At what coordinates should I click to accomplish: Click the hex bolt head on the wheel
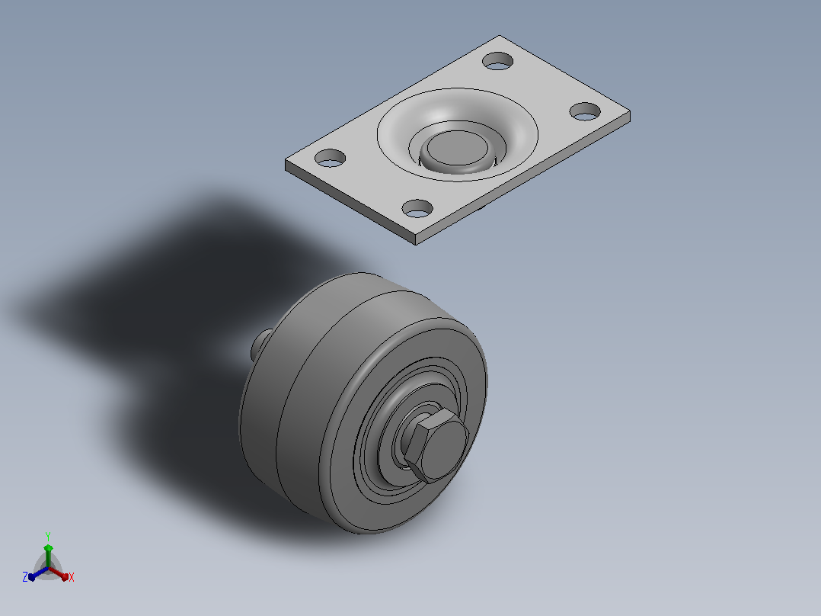[436, 445]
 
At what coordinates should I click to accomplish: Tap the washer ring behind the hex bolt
[397, 446]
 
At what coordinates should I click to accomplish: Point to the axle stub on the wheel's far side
[260, 345]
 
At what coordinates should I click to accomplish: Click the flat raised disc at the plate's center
[457, 148]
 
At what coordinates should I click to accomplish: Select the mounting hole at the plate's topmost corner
[497, 61]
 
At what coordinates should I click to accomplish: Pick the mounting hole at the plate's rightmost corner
[585, 111]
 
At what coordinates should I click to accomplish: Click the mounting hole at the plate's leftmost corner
[330, 159]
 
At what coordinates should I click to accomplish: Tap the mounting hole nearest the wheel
[417, 209]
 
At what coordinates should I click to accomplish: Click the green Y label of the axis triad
[48, 536]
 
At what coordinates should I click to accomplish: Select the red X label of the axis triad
[72, 577]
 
